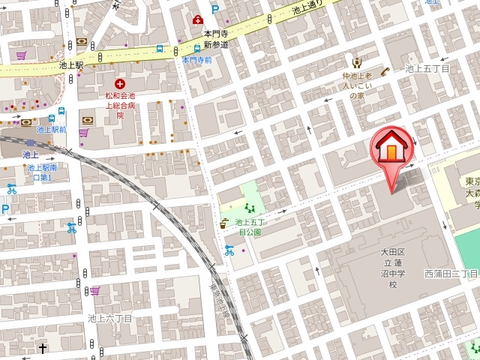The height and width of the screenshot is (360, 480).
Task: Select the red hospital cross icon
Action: click(x=118, y=84)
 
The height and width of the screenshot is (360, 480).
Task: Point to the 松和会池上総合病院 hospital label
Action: click(x=119, y=106)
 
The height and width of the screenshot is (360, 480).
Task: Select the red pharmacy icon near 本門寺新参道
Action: click(x=197, y=19)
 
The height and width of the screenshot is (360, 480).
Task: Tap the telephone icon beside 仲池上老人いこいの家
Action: click(x=385, y=71)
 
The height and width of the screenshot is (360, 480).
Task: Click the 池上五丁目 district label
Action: click(x=427, y=69)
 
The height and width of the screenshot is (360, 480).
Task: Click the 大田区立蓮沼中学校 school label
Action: click(x=392, y=272)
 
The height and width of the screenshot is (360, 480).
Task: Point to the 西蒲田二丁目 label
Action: click(x=451, y=273)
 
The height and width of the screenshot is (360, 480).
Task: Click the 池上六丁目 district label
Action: click(x=110, y=318)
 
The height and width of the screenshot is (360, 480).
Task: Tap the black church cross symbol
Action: click(x=43, y=348)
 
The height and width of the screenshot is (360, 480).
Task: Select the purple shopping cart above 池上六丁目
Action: click(x=94, y=291)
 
